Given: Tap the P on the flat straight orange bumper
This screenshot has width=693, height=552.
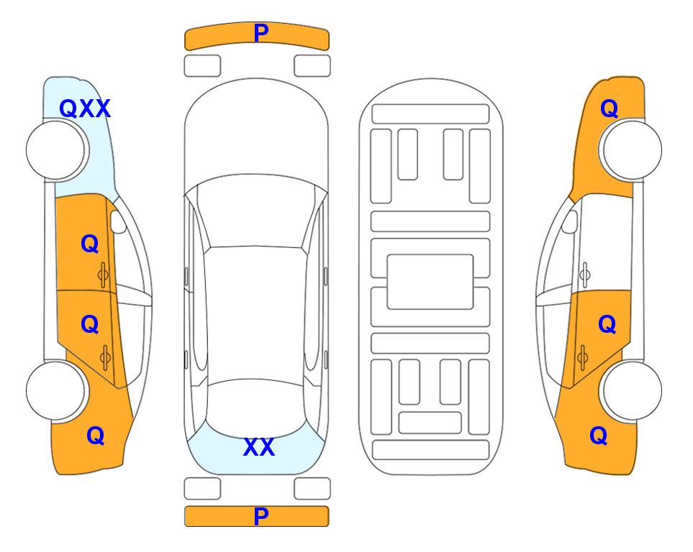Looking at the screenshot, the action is [261, 516].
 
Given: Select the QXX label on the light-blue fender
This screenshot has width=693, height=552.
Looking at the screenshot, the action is [84, 109].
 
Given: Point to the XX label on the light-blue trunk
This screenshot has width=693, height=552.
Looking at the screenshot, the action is [259, 447].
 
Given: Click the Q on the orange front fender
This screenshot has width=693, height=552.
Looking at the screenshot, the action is [609, 109].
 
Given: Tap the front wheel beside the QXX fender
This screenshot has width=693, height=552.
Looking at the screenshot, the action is [57, 150].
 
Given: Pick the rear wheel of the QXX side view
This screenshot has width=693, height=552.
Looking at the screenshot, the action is [56, 391].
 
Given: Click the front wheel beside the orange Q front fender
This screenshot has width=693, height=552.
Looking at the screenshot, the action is [630, 149].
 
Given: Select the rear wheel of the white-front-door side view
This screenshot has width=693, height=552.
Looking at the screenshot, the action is [631, 391].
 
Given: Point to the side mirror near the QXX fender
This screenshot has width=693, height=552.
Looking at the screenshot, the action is [117, 221].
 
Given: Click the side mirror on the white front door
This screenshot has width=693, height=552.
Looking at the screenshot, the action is [570, 221].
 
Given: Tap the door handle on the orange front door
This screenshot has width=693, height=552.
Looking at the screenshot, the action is [103, 275].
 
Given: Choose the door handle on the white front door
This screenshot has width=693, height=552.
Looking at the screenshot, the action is [584, 275].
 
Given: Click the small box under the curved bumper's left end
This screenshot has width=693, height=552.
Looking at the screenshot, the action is [202, 66].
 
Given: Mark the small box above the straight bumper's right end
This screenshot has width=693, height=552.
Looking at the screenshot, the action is [312, 489].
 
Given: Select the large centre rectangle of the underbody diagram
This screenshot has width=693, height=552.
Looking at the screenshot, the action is [430, 282].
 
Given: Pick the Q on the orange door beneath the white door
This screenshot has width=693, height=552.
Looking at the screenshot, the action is [607, 325].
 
